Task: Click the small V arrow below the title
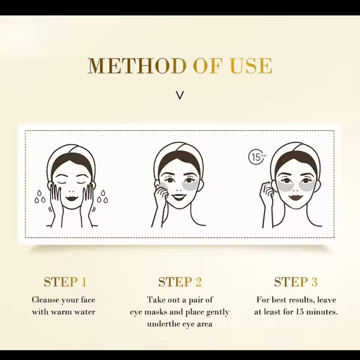coord(180,96)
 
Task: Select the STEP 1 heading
coord(65,282)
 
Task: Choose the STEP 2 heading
coord(180,282)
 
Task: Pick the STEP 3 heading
coord(296,282)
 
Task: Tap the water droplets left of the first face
coord(40,197)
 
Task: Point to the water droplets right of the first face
coord(103,197)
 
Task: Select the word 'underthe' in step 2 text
coord(163,324)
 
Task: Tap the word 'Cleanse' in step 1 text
coord(45,300)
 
